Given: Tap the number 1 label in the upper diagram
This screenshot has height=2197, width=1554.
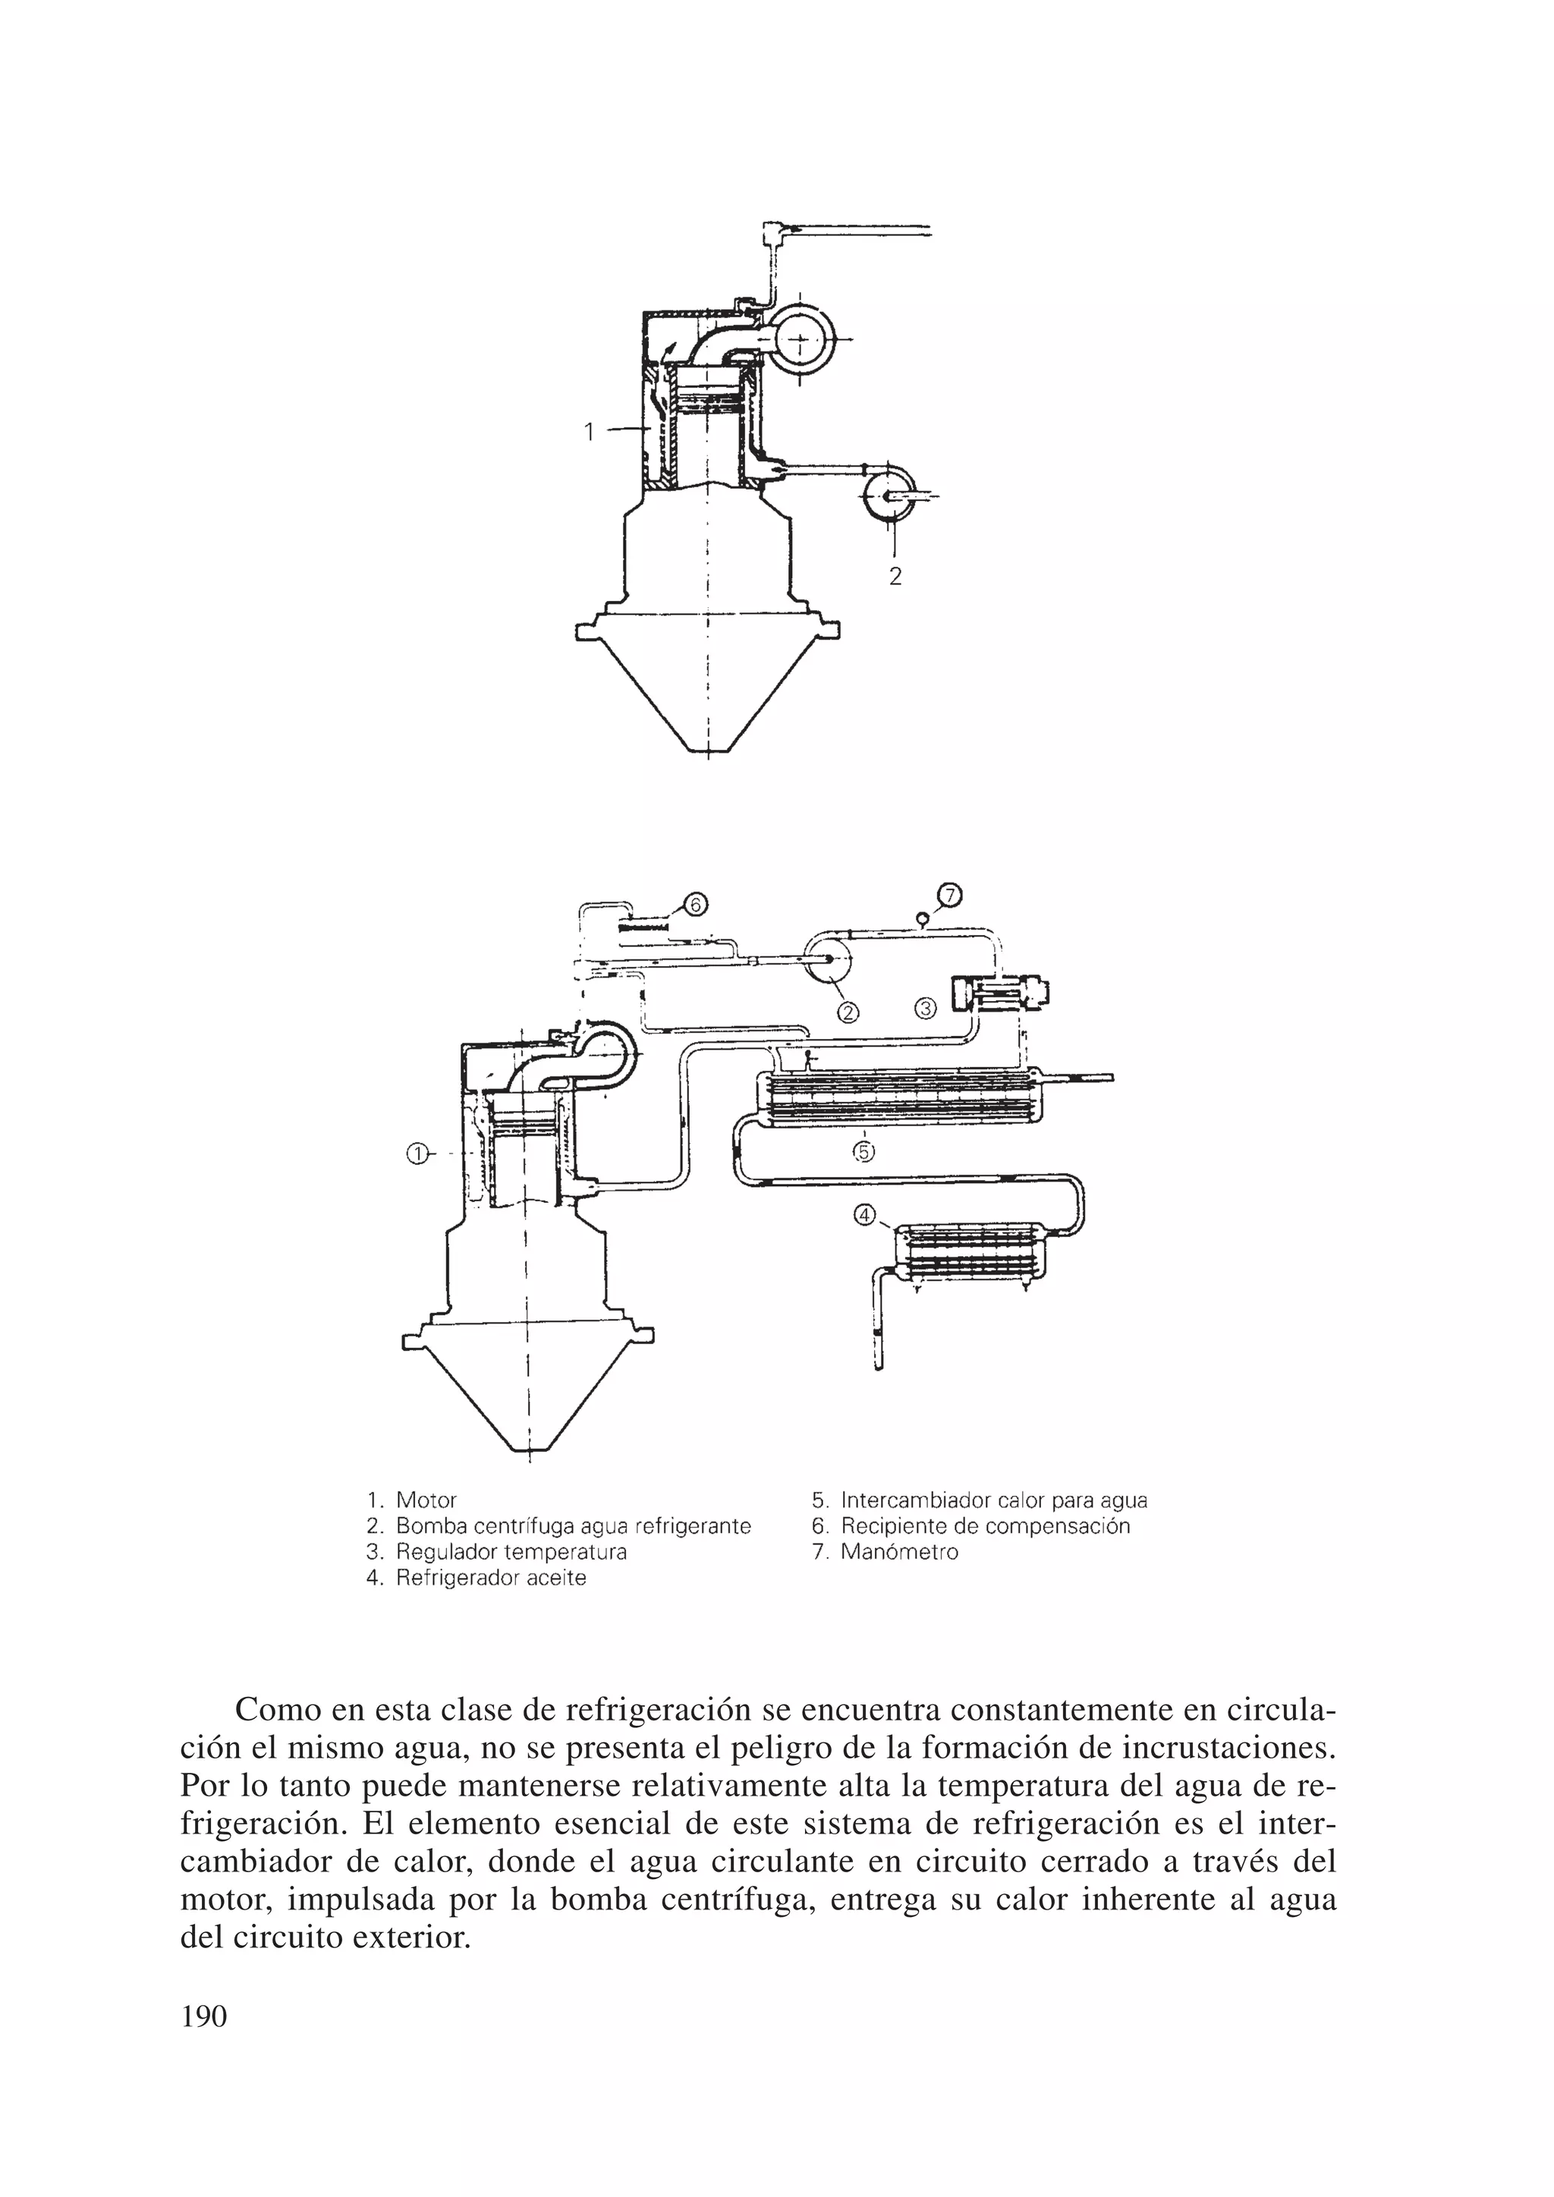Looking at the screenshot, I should pyautogui.click(x=590, y=433).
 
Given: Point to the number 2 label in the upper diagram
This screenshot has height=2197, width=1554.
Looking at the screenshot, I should pyautogui.click(x=895, y=577).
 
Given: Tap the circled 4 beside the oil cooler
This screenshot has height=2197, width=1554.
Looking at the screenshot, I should pyautogui.click(x=864, y=1215).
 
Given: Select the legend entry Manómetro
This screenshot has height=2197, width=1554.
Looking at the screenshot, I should pyautogui.click(x=898, y=1551).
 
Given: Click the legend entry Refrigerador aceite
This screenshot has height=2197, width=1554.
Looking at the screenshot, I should pyautogui.click(x=491, y=1578).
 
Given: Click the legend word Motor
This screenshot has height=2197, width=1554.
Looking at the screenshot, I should pyautogui.click(x=426, y=1500).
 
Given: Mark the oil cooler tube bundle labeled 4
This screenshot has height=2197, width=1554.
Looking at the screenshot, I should pyautogui.click(x=972, y=1254).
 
